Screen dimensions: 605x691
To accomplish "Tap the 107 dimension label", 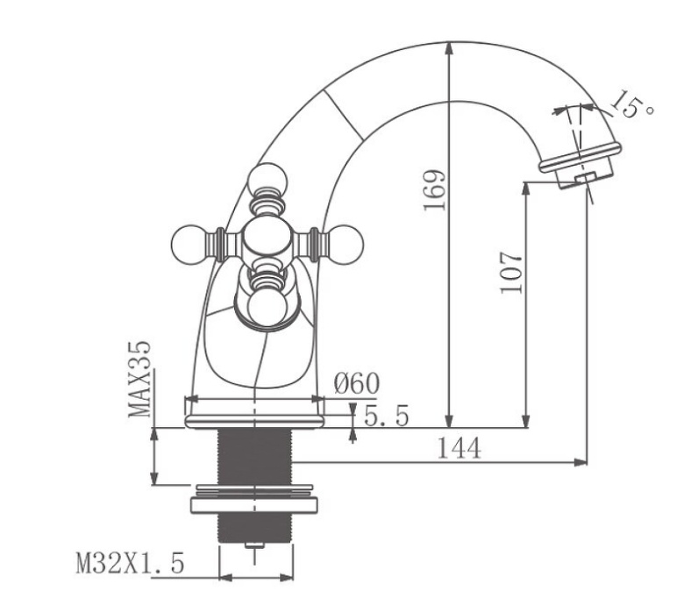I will point(513,273).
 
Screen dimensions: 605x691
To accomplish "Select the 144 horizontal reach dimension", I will point(459,448).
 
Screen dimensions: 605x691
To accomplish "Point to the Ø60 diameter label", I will point(357,383).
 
